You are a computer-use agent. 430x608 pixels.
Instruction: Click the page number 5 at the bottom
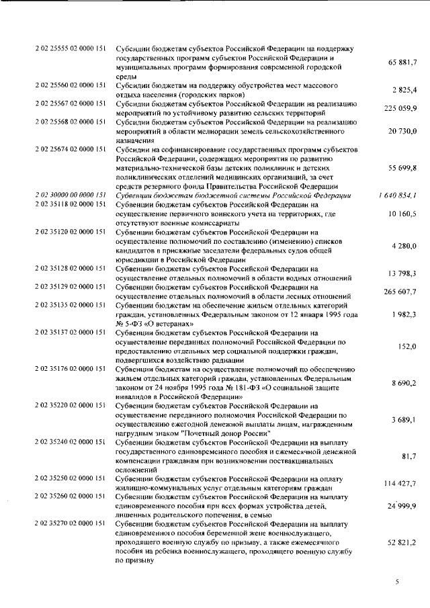pyautogui.click(x=397, y=581)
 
